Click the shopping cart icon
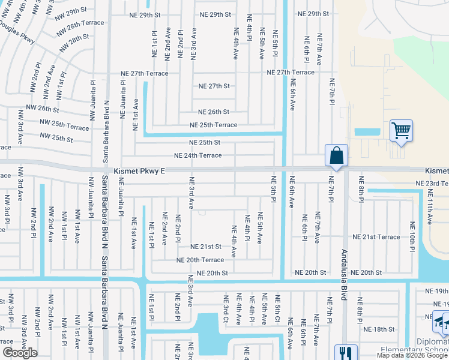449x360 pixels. coord(401,130)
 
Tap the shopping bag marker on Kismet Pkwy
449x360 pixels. coord(337,155)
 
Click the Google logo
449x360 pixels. coord(20,353)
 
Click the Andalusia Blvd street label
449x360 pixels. coord(344,275)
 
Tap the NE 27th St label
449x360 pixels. coord(214,86)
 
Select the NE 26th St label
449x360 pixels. coord(214,112)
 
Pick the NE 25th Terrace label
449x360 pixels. coord(213,125)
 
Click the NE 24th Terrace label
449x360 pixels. coord(197,155)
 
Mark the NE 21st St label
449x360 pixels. coord(206,247)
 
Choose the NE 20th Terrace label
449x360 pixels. coord(200,260)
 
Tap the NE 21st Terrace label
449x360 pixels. coord(376,237)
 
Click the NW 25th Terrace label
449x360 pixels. coord(62,127)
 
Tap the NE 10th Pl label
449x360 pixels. coord(412,236)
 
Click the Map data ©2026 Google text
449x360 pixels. coord(412,355)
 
